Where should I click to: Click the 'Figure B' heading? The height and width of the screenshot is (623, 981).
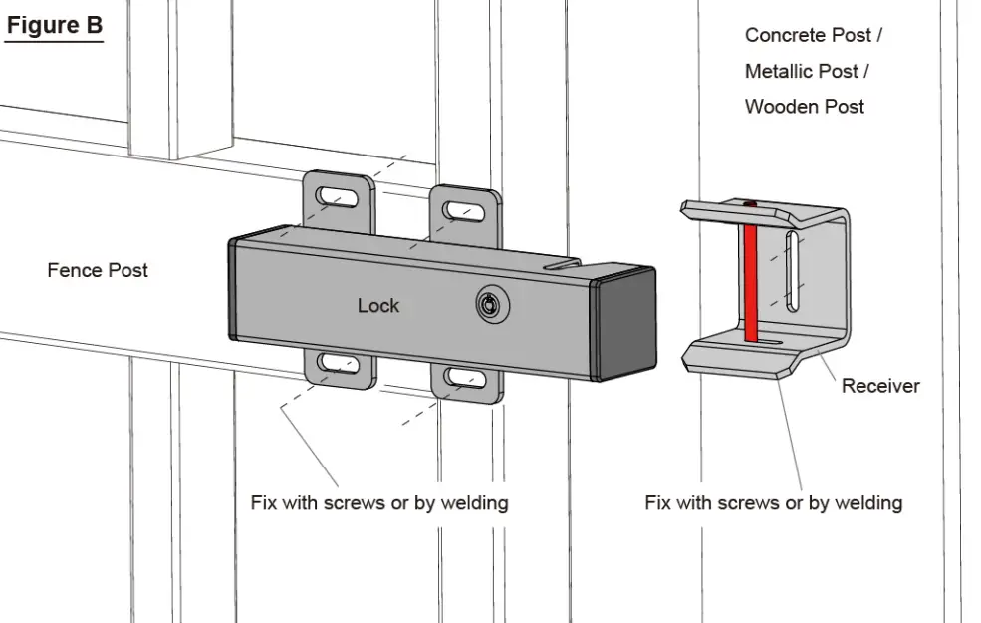pos(54,25)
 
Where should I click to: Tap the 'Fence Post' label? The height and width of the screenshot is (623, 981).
pos(98,270)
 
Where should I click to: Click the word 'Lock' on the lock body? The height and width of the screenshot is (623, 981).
pos(378,306)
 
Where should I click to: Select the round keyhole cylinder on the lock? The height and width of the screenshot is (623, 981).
pos(487,304)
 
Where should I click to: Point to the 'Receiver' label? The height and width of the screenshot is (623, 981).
pos(880,386)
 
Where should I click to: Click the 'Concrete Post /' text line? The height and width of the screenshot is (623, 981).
pos(814,36)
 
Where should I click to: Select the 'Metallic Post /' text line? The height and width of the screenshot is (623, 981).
pos(808,72)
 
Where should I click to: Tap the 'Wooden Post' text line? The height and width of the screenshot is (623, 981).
pos(805,107)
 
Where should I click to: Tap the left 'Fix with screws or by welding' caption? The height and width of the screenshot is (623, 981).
pos(379,502)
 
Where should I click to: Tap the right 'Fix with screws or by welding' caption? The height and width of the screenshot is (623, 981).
pos(774,502)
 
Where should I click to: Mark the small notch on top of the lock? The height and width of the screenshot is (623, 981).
pos(563,266)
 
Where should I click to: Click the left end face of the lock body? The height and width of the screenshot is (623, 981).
pos(232,289)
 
